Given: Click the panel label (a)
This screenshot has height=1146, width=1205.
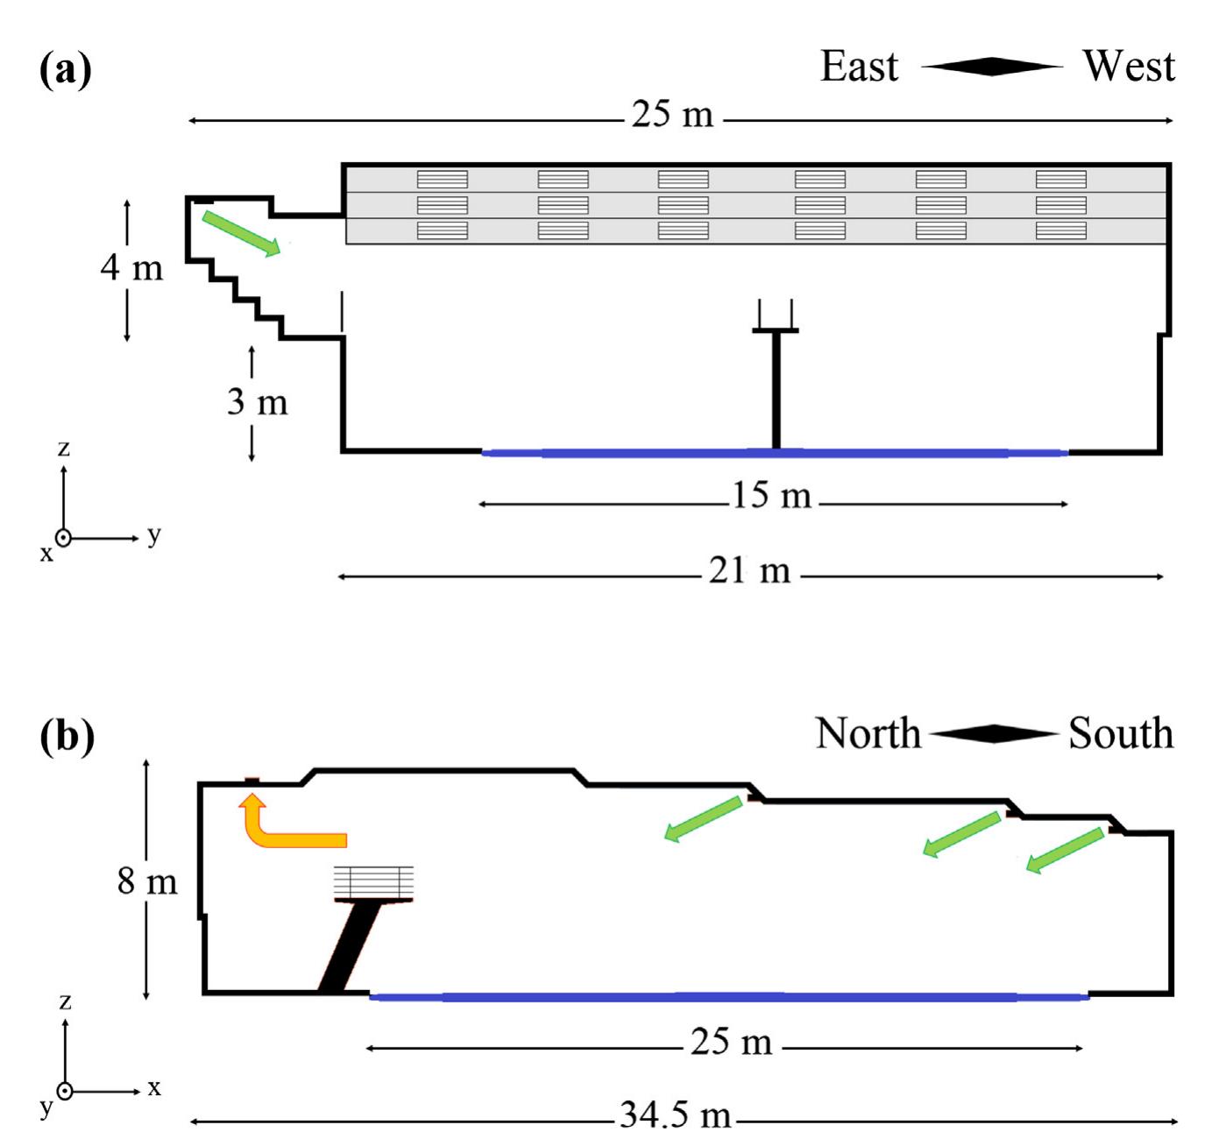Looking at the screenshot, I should pyautogui.click(x=66, y=69).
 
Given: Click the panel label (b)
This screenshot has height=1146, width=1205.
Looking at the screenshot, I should pyautogui.click(x=67, y=736).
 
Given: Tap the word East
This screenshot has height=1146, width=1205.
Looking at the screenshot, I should pyautogui.click(x=859, y=67).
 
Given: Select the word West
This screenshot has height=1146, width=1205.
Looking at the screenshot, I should pyautogui.click(x=1128, y=67).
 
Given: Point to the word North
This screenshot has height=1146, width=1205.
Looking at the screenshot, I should pyautogui.click(x=868, y=733).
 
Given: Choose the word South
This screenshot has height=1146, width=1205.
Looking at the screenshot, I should pyautogui.click(x=1120, y=733).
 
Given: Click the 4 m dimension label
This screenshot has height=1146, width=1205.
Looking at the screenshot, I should pyautogui.click(x=131, y=267).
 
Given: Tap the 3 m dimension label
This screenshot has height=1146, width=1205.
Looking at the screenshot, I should pyautogui.click(x=257, y=401).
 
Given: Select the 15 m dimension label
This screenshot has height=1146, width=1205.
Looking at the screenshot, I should pyautogui.click(x=771, y=496).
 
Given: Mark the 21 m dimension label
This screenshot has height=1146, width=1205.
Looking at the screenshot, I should pyautogui.click(x=749, y=571).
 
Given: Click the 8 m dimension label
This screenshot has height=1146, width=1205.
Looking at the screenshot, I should pyautogui.click(x=147, y=881).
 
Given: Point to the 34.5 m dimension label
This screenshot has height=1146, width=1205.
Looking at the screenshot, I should pyautogui.click(x=675, y=1115).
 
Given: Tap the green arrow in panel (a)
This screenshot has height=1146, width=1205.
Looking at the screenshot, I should pyautogui.click(x=241, y=233).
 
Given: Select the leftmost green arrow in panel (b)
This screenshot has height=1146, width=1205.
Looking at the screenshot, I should pyautogui.click(x=704, y=818).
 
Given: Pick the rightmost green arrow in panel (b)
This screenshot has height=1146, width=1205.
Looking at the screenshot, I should pyautogui.click(x=1065, y=850).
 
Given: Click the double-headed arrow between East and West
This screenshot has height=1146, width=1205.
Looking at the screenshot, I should pyautogui.click(x=991, y=67).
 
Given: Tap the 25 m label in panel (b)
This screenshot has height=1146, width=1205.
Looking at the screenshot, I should pyautogui.click(x=731, y=1043).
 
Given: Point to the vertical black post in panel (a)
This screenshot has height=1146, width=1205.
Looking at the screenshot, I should pyautogui.click(x=776, y=389).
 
